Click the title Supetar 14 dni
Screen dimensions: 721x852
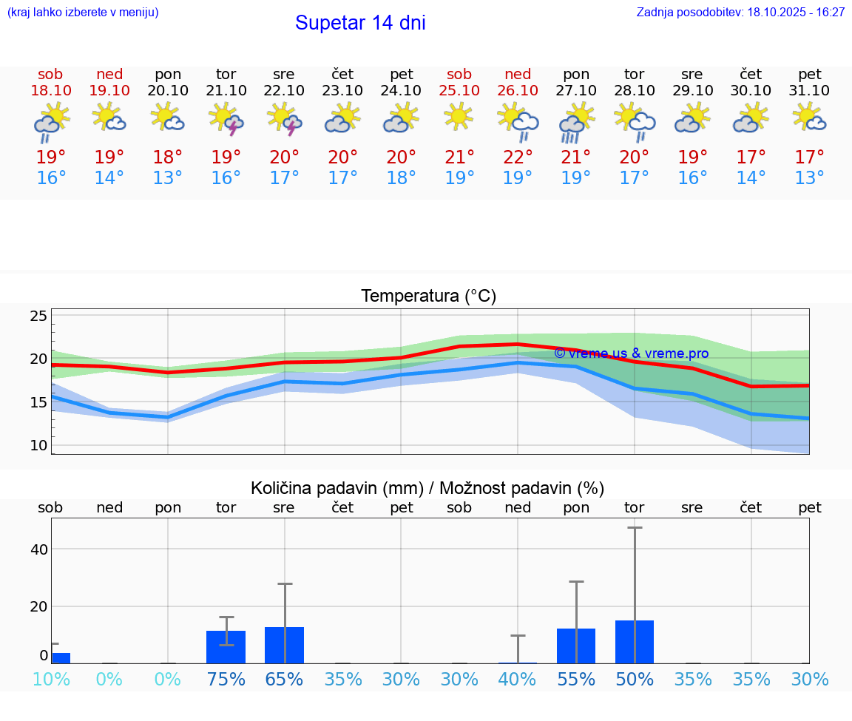[x=360, y=23]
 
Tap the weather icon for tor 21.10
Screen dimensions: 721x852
[x=226, y=119]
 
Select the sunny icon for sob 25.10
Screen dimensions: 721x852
[x=459, y=116]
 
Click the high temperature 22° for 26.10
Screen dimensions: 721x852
[x=518, y=158]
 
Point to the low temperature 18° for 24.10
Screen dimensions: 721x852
[x=402, y=178]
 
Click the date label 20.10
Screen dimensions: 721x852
[x=168, y=90]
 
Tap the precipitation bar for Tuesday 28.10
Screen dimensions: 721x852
[x=635, y=642]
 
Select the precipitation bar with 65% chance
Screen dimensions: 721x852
[x=284, y=645]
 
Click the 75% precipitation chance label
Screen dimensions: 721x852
[x=226, y=680]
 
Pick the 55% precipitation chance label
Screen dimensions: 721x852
[x=576, y=680]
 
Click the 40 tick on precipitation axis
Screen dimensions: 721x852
[x=39, y=549]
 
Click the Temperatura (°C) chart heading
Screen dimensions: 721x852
[x=428, y=297]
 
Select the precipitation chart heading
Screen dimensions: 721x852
[x=427, y=488]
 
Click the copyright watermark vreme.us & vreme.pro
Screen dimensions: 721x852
[x=631, y=353]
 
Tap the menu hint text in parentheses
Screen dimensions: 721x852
[x=82, y=13]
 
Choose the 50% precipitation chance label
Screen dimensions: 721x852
[x=635, y=680]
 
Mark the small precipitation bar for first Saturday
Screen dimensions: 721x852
[x=61, y=658]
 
